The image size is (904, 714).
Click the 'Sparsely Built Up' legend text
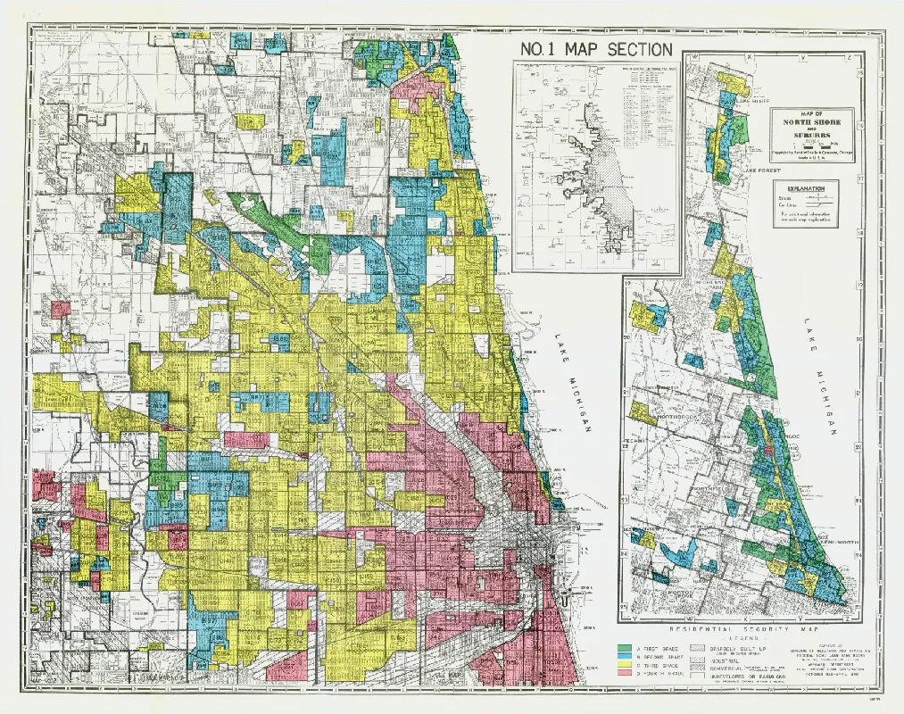click(737, 645)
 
